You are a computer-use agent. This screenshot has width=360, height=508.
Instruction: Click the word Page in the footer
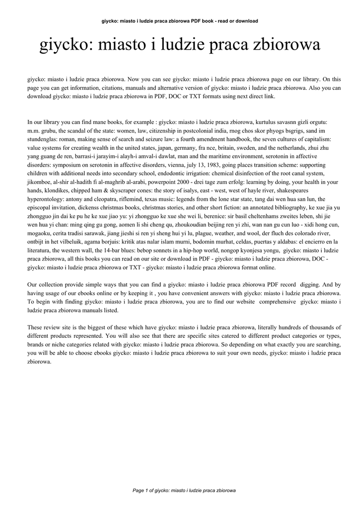[139, 491]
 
